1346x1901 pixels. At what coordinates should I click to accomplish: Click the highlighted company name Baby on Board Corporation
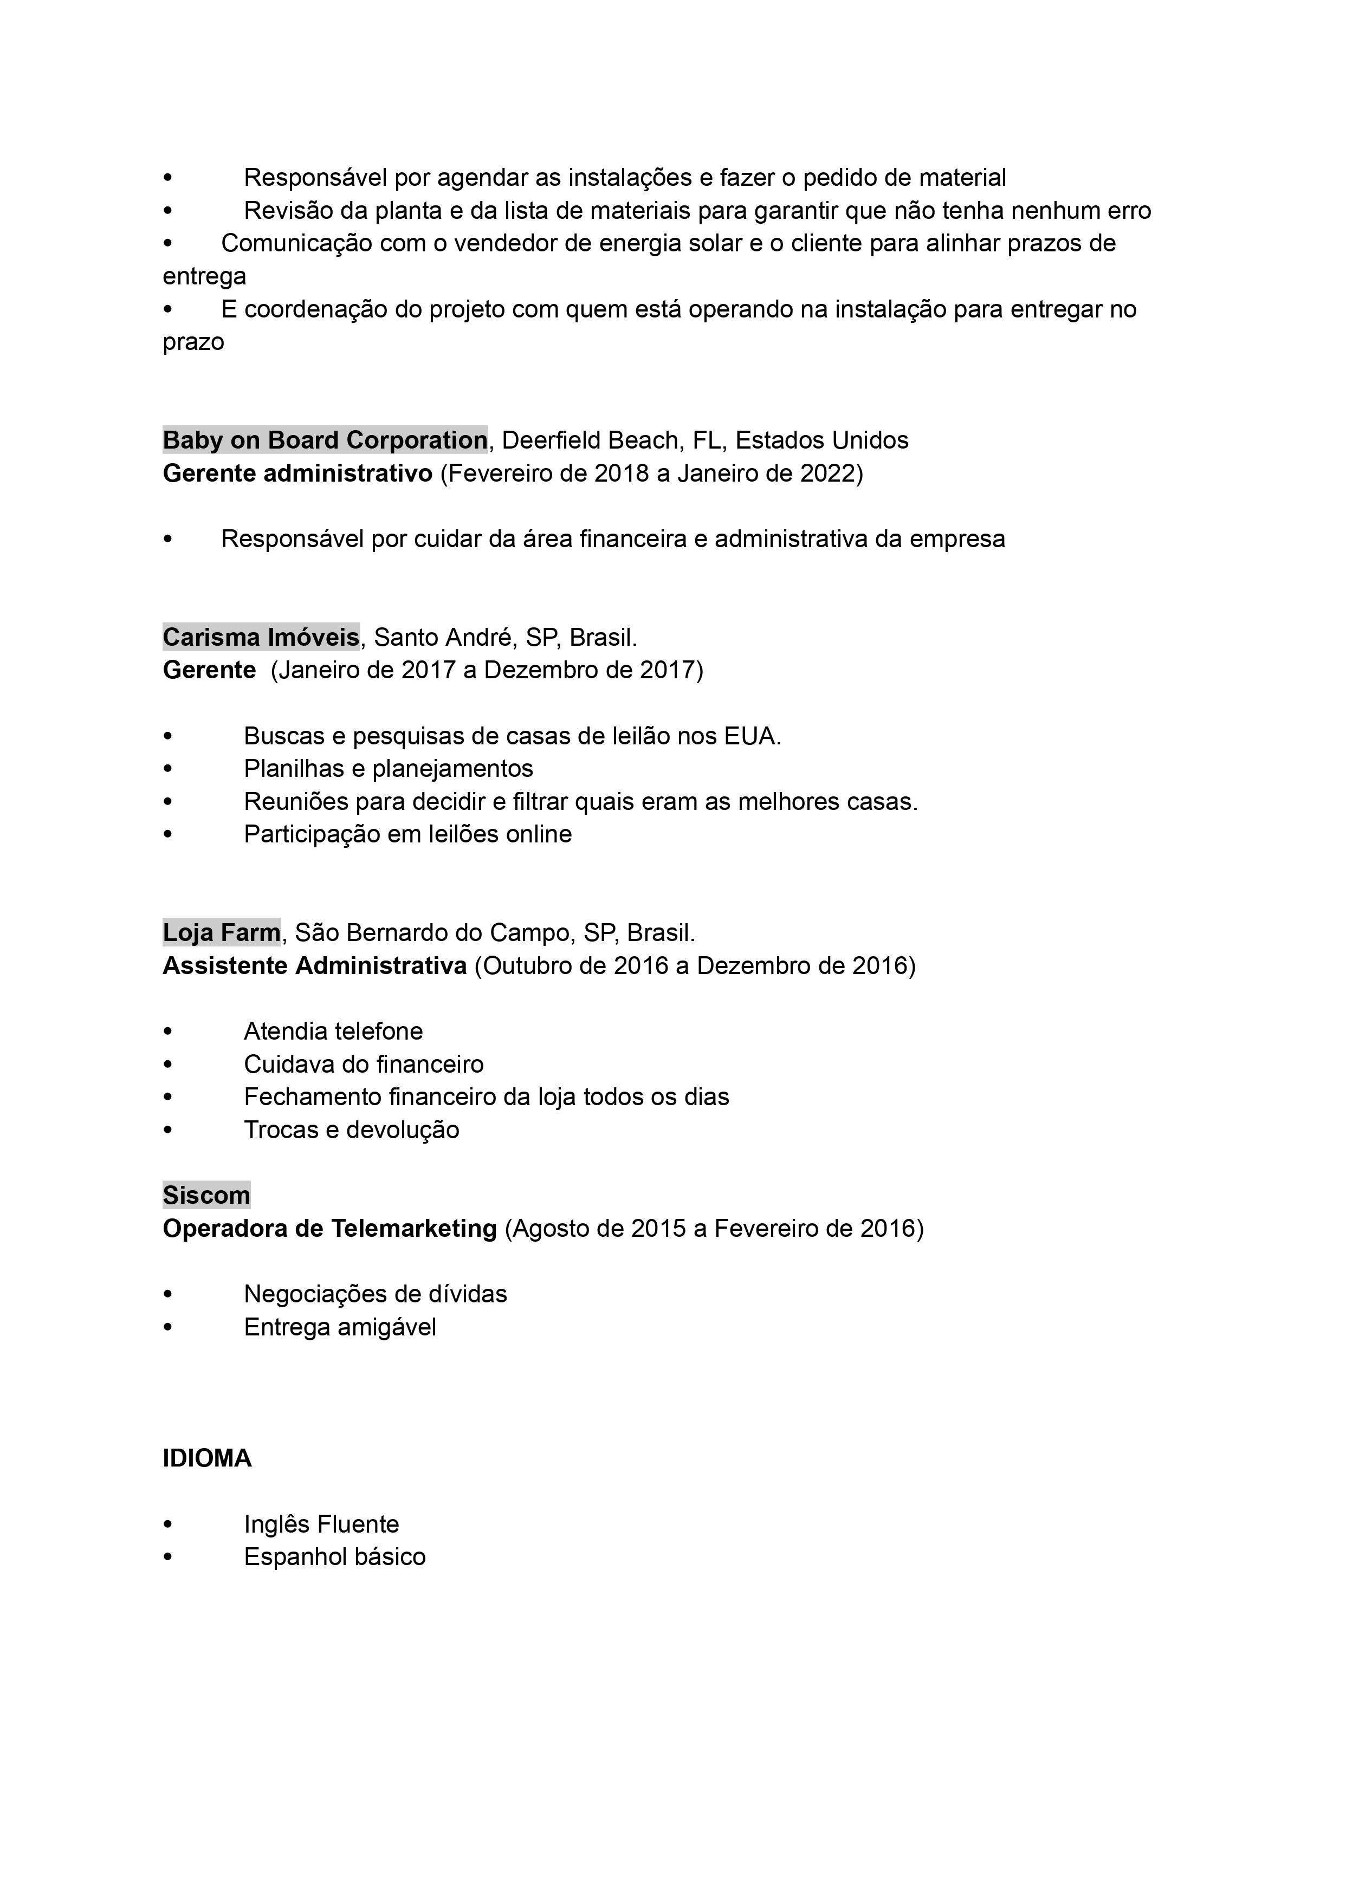pos(325,440)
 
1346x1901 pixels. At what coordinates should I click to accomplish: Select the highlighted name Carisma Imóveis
pos(261,637)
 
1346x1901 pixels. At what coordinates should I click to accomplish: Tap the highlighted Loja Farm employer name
pos(221,933)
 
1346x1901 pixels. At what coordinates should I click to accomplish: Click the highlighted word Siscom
pos(206,1195)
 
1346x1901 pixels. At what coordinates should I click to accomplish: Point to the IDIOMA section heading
pos(207,1458)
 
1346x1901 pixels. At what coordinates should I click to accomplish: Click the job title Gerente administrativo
pos(297,473)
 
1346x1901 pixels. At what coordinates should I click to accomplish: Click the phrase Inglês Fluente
pos(321,1524)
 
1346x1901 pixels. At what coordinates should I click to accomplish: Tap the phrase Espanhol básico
pos(335,1557)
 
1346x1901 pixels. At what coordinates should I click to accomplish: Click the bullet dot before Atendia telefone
pos(168,1031)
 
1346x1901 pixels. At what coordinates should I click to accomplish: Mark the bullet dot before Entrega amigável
pos(168,1327)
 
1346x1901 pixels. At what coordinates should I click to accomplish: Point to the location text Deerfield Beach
pos(590,440)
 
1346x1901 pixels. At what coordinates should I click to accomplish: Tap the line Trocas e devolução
pos(352,1130)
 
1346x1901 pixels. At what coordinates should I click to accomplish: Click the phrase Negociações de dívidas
pos(376,1294)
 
